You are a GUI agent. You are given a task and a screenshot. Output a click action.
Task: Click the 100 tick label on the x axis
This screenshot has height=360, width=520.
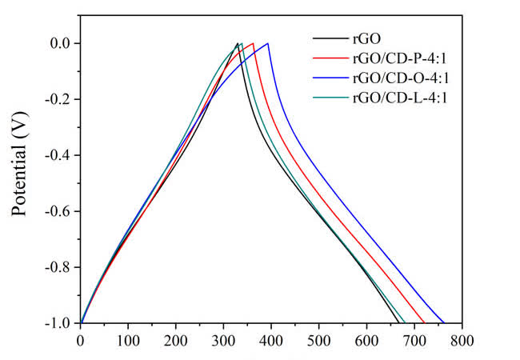pos(128,339)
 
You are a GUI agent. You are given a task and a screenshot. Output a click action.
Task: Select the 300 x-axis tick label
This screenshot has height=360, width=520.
pos(223,339)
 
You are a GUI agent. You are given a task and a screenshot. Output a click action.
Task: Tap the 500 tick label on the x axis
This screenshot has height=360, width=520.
pos(319,339)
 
